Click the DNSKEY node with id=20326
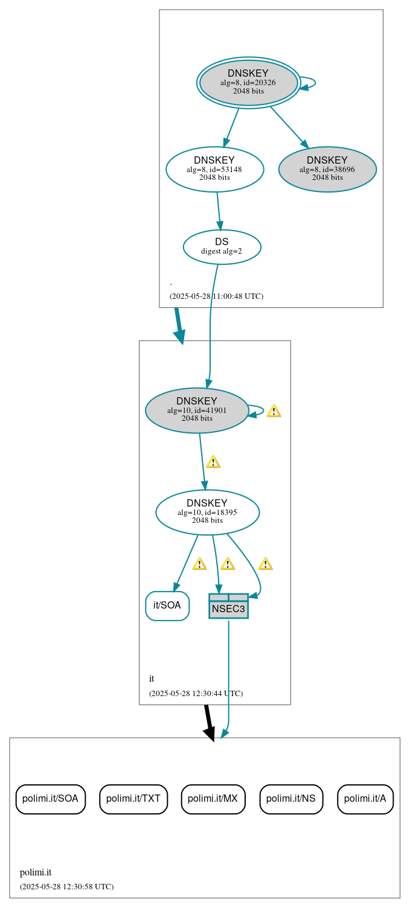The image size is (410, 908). (x=248, y=82)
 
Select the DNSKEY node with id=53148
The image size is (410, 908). (x=214, y=169)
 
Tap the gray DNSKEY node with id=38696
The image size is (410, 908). (x=327, y=169)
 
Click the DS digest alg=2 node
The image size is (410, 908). (x=222, y=246)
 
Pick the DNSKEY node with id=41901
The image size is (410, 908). (x=197, y=410)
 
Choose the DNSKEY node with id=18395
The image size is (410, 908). (x=207, y=512)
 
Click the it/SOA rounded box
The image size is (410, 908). (x=167, y=606)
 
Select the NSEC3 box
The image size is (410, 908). (x=228, y=606)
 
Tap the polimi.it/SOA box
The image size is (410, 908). (x=50, y=799)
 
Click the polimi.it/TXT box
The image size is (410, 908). (x=133, y=799)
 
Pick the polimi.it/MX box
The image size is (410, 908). (x=213, y=799)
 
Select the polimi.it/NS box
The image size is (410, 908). (x=291, y=799)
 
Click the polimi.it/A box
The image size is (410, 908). (x=365, y=799)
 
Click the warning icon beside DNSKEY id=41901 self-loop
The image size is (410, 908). (x=274, y=411)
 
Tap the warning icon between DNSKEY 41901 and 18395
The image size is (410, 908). (x=213, y=462)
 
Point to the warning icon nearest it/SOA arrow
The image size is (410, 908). (x=199, y=564)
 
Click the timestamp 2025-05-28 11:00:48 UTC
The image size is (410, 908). (x=216, y=296)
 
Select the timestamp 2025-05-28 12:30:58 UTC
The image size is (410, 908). (x=66, y=887)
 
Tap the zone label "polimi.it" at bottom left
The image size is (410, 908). (x=36, y=872)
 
